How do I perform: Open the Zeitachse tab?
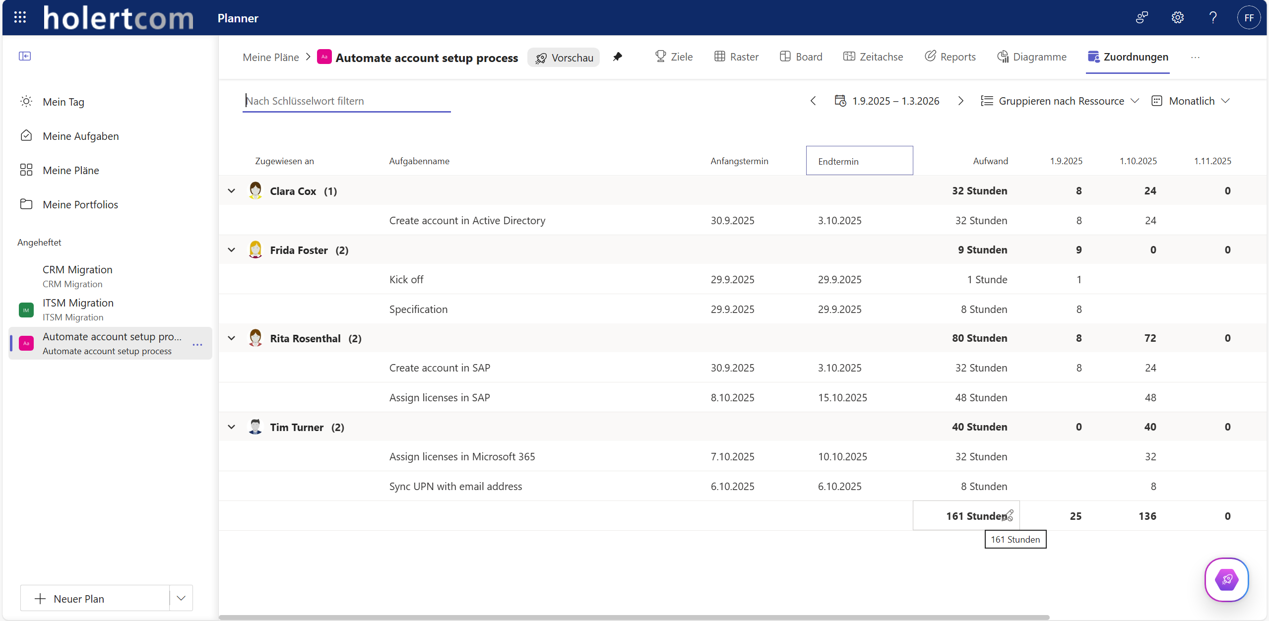coord(873,57)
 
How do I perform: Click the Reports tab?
coord(950,57)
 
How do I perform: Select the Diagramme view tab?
coord(1032,57)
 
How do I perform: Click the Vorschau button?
coord(564,58)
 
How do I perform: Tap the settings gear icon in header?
coord(1178,18)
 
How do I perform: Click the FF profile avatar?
coord(1249,18)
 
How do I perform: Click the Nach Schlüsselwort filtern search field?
coord(346,101)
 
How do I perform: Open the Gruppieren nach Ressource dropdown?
coord(1060,101)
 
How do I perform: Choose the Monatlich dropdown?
coord(1191,101)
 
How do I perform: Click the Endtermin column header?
coord(859,161)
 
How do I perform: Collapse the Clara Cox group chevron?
coord(232,191)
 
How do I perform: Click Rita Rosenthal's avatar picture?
coord(255,338)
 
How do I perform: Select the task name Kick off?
coord(406,280)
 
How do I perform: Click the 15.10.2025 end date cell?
coord(842,398)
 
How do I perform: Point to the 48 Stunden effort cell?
coord(981,398)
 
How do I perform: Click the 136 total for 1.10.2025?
coord(1147,516)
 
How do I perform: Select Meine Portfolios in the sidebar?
coord(80,205)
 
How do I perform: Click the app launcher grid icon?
coord(20,18)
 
